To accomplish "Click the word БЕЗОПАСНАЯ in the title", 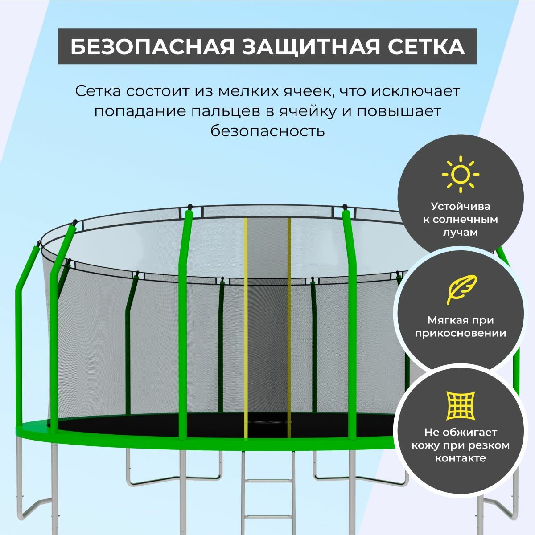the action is coord(152,47).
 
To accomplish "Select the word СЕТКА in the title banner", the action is coord(421,47).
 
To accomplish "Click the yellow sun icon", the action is coord(460,174).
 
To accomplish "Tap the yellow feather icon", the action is coord(461,290).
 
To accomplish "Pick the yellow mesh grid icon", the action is coord(461,405).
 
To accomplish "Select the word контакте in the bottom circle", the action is coord(461,458).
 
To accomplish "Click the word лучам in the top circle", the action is coord(461,233).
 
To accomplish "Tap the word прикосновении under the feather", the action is coord(461,333).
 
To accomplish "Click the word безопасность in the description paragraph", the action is coord(267,131).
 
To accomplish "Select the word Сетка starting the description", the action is coord(98,91).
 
